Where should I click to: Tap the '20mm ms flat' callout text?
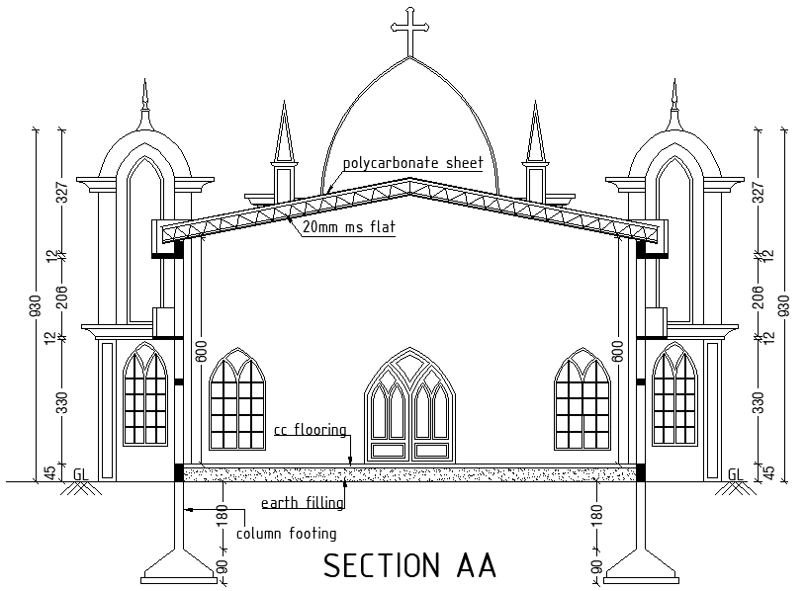(x=348, y=227)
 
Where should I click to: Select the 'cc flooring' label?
(x=311, y=430)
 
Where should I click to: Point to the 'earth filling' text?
(x=302, y=503)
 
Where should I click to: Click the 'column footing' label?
(x=286, y=534)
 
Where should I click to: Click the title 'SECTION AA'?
(x=409, y=566)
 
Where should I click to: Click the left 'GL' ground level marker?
(x=80, y=474)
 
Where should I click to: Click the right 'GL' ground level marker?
(x=735, y=474)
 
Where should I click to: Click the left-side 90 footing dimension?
(x=222, y=569)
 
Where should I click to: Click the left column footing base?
(x=180, y=568)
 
